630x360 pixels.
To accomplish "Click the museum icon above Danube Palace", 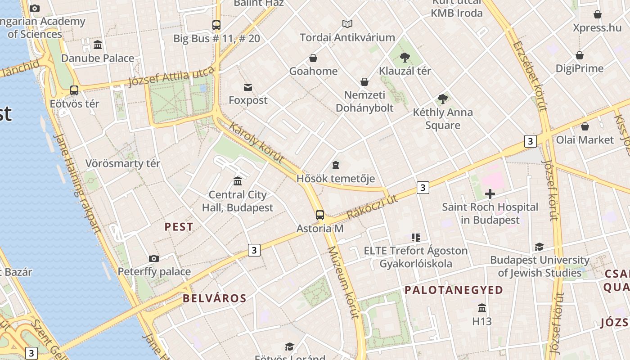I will [x=98, y=45].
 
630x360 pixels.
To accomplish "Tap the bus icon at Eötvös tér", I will [x=74, y=90].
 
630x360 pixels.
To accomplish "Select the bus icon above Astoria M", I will [x=319, y=215].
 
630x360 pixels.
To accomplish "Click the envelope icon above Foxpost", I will [x=248, y=87].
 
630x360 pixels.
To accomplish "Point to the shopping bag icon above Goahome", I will [x=313, y=58].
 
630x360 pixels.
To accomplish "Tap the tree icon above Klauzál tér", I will [x=405, y=57].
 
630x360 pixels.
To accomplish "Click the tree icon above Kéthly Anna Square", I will [x=443, y=99].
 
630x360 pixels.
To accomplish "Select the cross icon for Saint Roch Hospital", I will [x=490, y=194].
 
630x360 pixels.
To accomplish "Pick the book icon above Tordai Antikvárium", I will [x=347, y=24].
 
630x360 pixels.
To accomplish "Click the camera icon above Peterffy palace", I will [x=154, y=258].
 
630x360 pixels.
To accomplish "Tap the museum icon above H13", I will [x=482, y=308].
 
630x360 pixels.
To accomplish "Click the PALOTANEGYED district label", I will [x=454, y=290].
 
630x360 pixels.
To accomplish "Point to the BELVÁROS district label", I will [x=215, y=298].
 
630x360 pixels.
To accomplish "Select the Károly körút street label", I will [x=256, y=142].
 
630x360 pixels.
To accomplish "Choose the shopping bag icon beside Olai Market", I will [x=585, y=126].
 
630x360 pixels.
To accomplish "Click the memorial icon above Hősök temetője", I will [x=336, y=166].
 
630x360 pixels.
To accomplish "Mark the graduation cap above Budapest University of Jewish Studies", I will [x=539, y=247].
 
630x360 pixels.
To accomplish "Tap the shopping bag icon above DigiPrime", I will [x=580, y=55].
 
